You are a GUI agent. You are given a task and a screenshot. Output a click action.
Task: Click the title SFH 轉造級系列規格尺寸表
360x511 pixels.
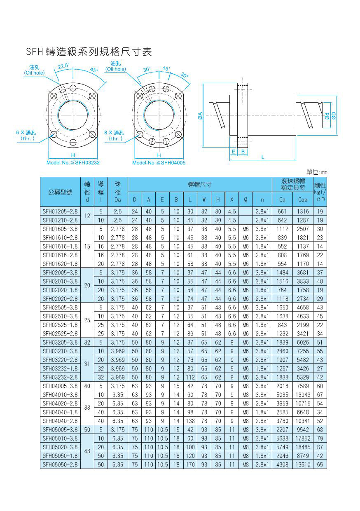point(89,52)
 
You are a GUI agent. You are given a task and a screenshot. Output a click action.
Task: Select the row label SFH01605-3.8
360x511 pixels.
point(60,229)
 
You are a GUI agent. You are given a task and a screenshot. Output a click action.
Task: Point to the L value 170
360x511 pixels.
point(190,464)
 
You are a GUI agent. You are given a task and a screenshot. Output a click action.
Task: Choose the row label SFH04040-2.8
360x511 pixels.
point(60,421)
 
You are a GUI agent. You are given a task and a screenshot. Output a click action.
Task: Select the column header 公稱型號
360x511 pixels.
point(60,192)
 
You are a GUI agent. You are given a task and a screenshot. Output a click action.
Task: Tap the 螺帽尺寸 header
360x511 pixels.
point(200,184)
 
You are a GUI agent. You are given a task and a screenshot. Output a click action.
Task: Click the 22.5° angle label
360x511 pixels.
point(63,66)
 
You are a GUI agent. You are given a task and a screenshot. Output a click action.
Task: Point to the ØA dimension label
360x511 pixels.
point(200,117)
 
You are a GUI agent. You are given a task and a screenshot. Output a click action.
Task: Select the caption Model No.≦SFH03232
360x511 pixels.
point(73,163)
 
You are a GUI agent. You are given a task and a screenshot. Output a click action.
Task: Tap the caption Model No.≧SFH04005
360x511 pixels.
point(159,163)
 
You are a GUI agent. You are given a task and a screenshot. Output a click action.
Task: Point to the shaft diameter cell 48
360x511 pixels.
point(87,451)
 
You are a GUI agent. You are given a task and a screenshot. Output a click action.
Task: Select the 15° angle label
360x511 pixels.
point(166,69)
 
